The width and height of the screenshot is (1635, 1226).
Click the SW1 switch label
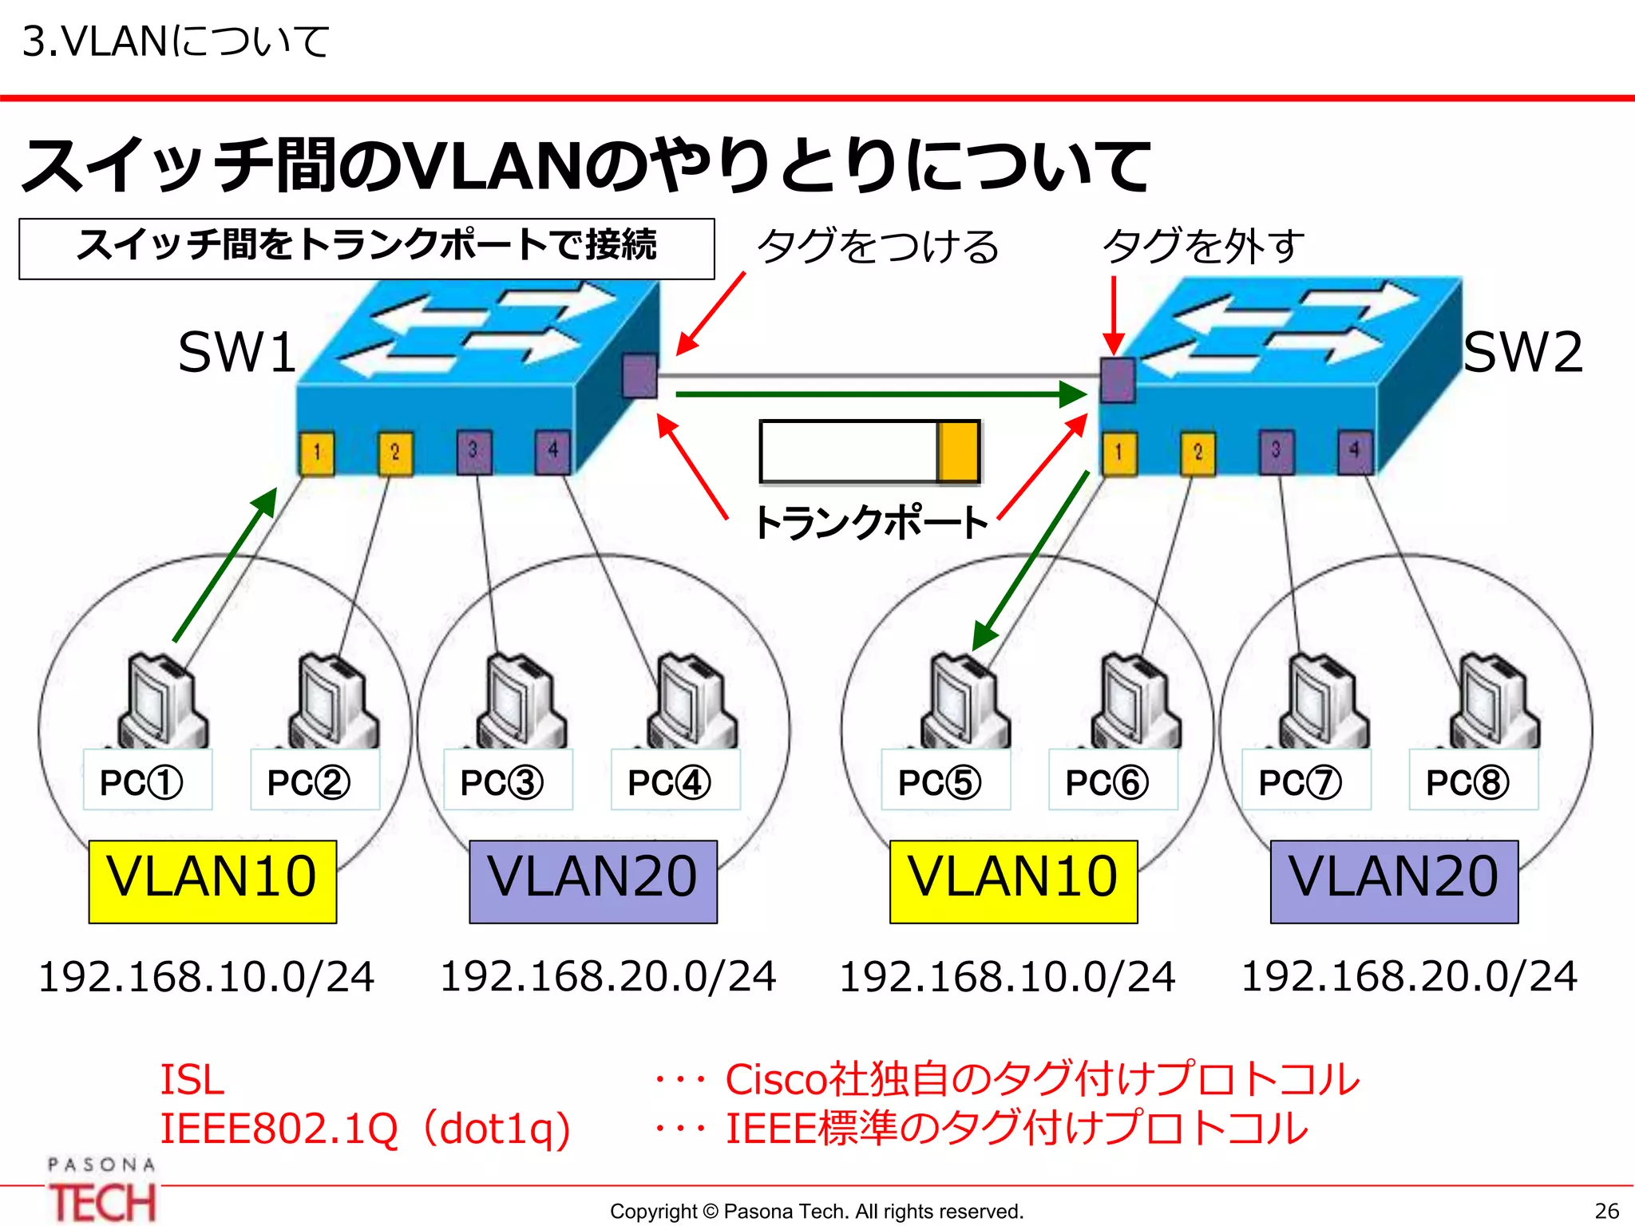tap(236, 352)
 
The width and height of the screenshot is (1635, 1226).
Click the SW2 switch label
tap(1522, 352)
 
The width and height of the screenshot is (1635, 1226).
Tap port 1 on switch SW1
tap(317, 453)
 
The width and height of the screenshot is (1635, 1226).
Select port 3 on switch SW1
tap(473, 452)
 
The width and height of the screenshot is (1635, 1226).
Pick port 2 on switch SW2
tap(1198, 453)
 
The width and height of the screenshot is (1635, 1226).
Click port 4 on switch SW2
tap(1354, 452)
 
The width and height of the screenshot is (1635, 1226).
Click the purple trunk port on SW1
tap(639, 375)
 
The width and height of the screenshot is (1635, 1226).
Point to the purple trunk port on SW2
tap(1118, 380)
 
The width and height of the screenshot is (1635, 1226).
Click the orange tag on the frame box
tap(958, 452)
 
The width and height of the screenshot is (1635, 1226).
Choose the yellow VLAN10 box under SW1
tap(212, 880)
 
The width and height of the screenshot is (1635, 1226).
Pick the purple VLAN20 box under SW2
tap(1394, 880)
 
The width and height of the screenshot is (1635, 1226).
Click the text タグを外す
tap(1203, 246)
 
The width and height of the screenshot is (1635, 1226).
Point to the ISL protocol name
tap(192, 1079)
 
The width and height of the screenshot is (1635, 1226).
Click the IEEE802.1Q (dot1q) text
tap(366, 1129)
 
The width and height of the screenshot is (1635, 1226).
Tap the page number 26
tap(1606, 1211)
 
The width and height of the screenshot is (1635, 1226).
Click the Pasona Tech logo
tap(102, 1191)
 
